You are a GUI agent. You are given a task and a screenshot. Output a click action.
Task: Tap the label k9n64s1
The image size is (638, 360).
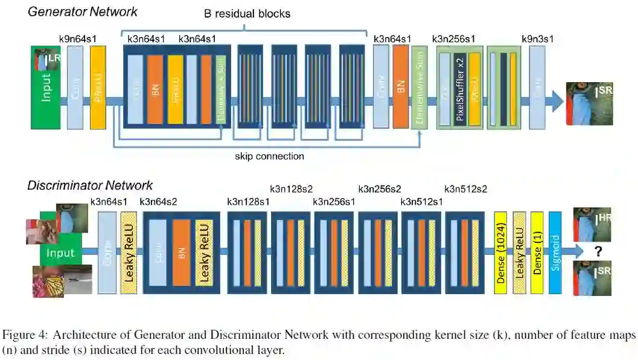point(78,39)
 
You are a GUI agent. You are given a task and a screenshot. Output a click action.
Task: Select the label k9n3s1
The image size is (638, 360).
point(537,39)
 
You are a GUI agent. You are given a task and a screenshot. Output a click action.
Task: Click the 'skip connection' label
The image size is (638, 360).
point(269,156)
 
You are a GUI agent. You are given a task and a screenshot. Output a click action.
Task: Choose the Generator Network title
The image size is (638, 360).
point(83,11)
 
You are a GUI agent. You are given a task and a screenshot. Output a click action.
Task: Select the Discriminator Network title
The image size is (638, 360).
point(90,185)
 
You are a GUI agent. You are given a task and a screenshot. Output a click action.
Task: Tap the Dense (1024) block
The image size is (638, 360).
point(500,252)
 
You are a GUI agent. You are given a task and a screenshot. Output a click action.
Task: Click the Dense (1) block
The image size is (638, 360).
point(537,252)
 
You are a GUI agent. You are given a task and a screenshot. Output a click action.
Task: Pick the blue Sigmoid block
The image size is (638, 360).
point(555,252)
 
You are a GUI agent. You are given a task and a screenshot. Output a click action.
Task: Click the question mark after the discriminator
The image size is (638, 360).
point(599,250)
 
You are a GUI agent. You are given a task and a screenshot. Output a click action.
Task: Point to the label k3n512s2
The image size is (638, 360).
point(465,189)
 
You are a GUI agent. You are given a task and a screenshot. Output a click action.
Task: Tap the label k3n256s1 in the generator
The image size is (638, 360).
point(453,39)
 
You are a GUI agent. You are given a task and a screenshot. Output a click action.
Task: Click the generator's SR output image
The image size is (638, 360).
point(589,103)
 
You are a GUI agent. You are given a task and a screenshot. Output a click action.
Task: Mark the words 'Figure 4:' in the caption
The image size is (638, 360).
point(24,335)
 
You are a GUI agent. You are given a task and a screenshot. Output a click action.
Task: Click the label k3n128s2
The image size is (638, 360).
point(291,189)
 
